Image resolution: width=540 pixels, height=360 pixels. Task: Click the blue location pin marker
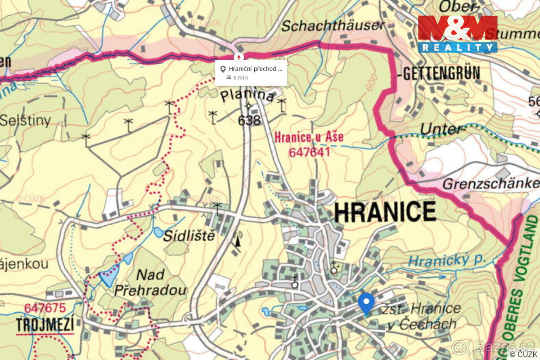(x=366, y=302)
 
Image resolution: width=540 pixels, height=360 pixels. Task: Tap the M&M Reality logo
(x=457, y=34)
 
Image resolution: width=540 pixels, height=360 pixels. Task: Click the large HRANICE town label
(x=385, y=212)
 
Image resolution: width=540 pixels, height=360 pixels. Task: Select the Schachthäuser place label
(x=333, y=26)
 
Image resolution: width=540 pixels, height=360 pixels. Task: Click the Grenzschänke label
(x=490, y=184)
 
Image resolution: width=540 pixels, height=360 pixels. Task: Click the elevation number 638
(x=249, y=120)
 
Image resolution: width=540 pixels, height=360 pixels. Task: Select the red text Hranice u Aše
(x=309, y=137)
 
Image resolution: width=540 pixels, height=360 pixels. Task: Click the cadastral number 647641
(x=310, y=152)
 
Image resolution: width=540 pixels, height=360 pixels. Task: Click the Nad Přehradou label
(x=150, y=282)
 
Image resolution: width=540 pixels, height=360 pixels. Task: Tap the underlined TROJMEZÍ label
(x=45, y=324)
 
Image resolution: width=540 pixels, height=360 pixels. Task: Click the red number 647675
(x=45, y=308)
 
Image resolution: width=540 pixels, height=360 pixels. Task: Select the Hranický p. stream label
(x=448, y=260)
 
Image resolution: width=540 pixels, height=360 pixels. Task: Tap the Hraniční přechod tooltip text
(x=255, y=69)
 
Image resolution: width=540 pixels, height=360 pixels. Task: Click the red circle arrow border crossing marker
(x=238, y=57)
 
